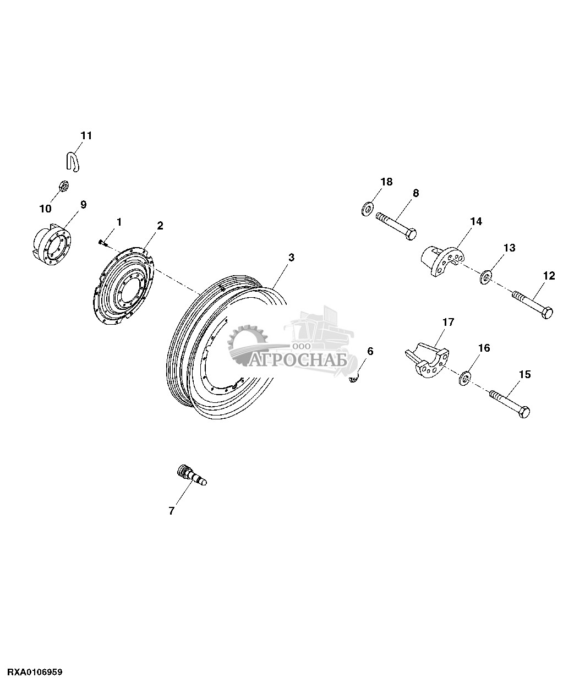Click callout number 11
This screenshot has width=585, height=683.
tap(87, 135)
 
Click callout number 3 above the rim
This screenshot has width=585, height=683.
tap(291, 258)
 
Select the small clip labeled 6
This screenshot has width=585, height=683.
tap(355, 376)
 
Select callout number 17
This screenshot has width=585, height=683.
tap(448, 322)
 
